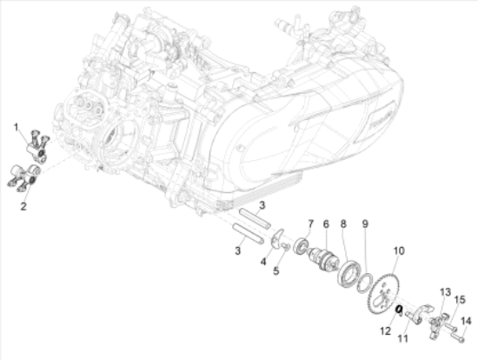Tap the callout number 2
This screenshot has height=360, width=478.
(23, 205)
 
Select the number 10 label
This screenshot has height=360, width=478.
(399, 250)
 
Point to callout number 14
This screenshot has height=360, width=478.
(465, 319)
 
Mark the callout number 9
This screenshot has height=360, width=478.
(366, 224)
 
